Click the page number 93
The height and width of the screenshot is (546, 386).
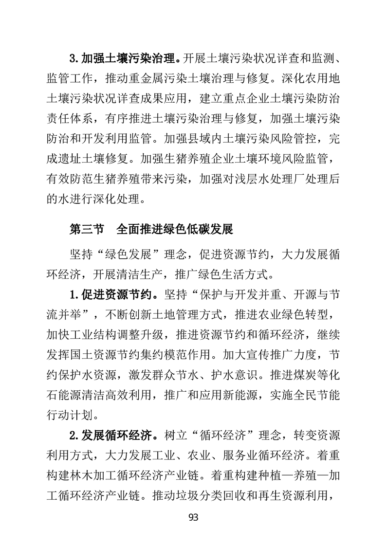coord(193,517)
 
